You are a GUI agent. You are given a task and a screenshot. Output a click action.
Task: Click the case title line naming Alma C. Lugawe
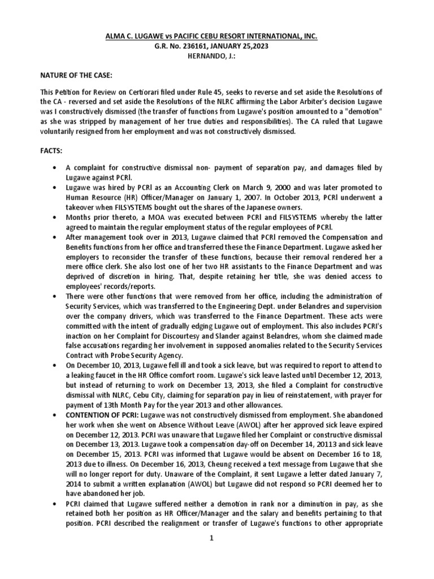(217, 36)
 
